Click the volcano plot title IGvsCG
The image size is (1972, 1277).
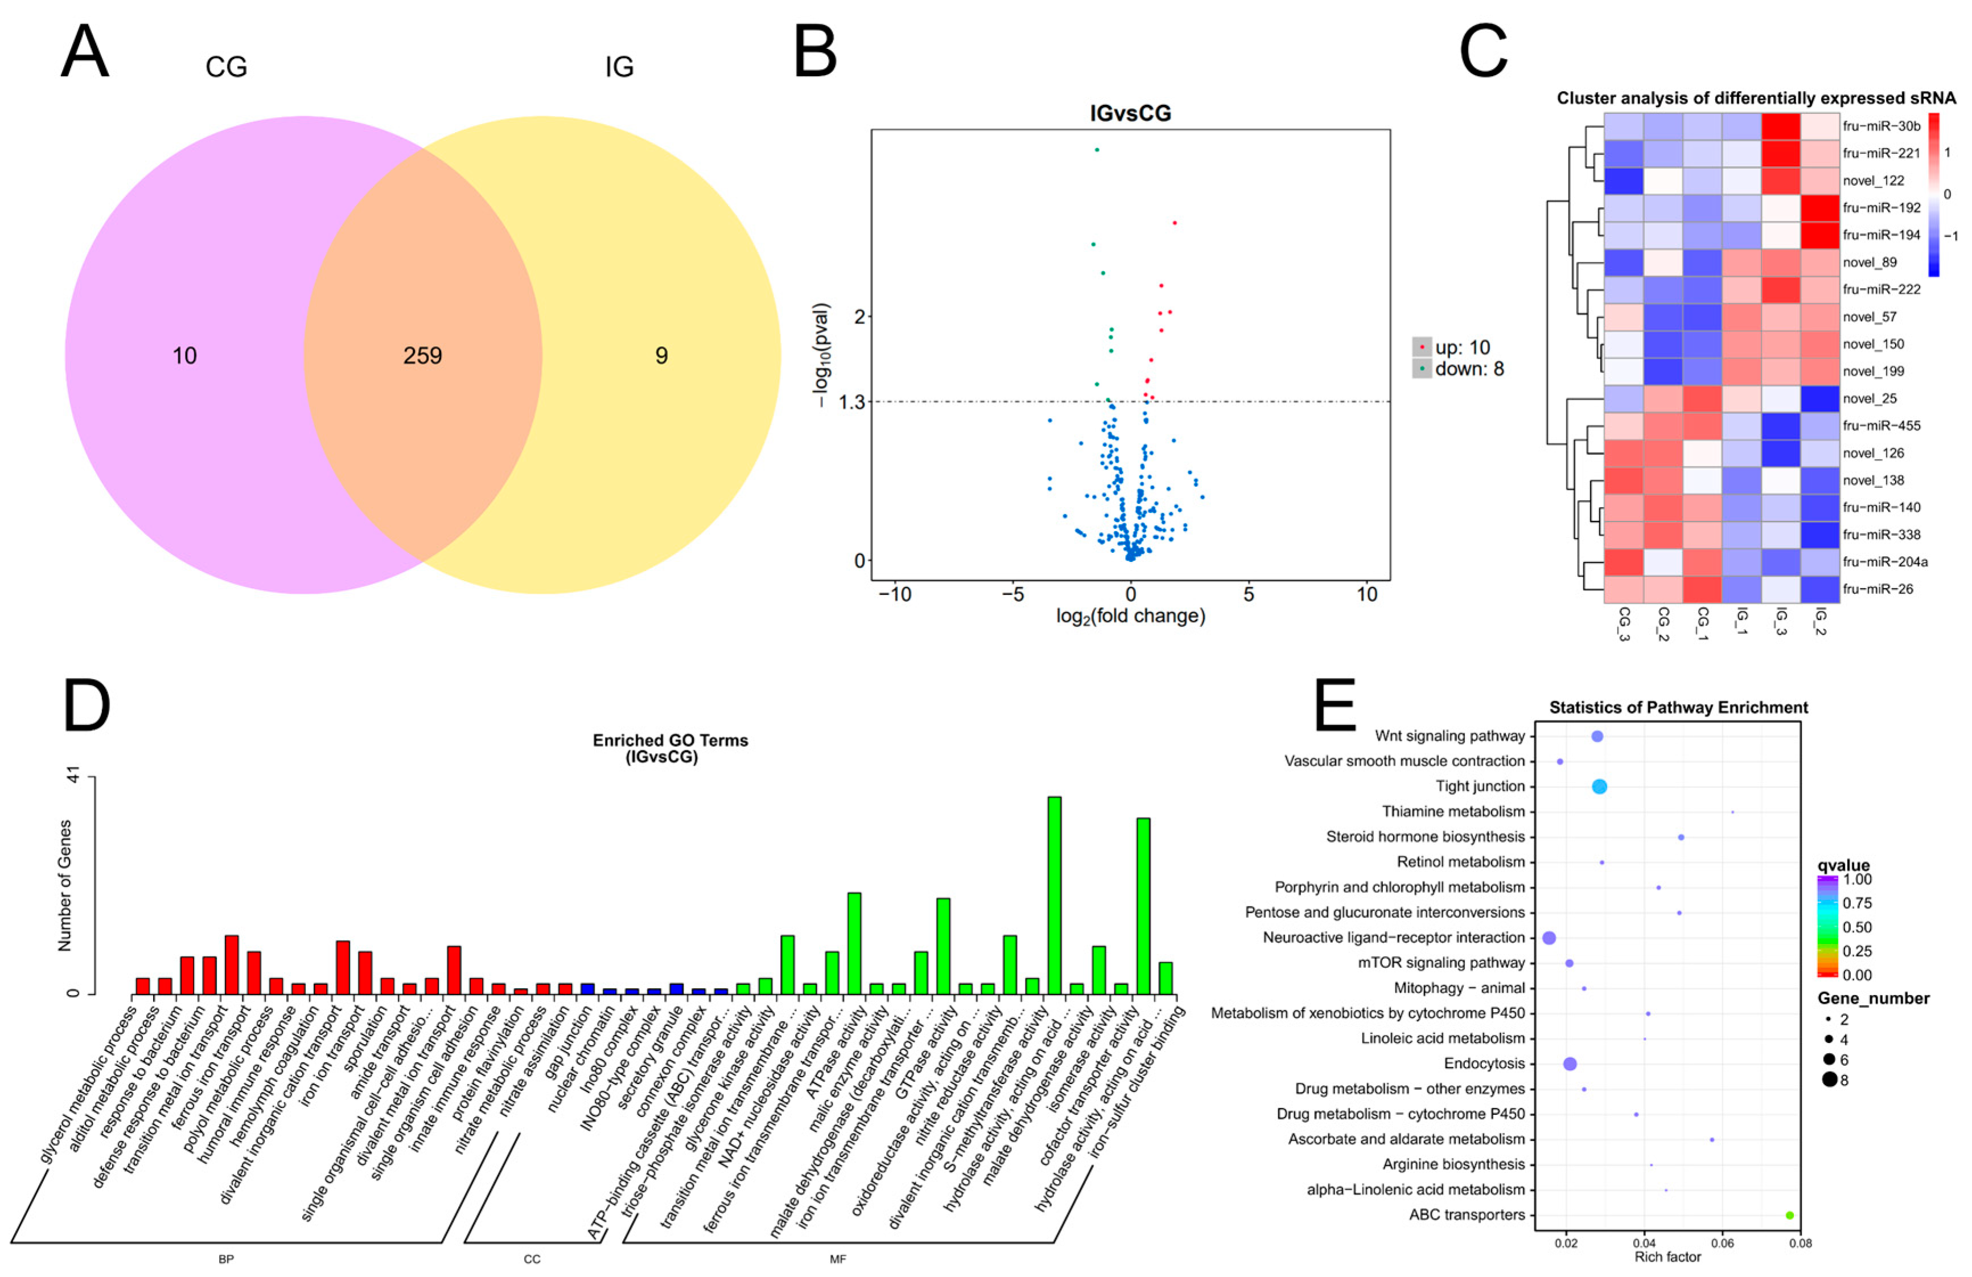coord(1130,113)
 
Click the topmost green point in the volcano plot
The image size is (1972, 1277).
coord(1097,150)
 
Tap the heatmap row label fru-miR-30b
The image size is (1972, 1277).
coord(1882,126)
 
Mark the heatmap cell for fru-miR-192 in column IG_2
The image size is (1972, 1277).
coord(1819,207)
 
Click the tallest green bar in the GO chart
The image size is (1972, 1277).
coord(1055,895)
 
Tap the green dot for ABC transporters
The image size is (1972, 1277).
coord(1790,1216)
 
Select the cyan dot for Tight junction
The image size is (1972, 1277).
coord(1599,786)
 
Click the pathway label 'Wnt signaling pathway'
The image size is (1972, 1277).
coord(1450,736)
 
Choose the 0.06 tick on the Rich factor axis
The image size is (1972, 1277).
coord(1723,1243)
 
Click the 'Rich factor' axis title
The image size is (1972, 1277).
coord(1667,1257)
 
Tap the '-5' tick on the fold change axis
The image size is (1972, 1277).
coord(1012,594)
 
